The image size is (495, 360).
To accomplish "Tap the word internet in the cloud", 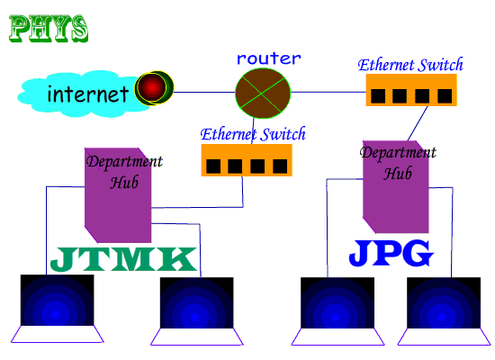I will tap(87, 93).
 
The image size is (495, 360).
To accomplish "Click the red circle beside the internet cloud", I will tap(152, 87).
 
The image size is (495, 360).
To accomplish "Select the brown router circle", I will tap(264, 91).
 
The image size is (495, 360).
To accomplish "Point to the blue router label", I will tap(269, 58).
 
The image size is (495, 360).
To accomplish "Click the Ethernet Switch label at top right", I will tap(410, 65).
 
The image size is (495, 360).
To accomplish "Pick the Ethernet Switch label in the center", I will tap(253, 134).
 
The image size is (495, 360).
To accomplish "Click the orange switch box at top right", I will tap(411, 90).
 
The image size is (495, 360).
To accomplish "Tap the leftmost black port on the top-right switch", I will tap(379, 95).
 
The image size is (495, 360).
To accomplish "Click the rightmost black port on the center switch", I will tap(281, 166).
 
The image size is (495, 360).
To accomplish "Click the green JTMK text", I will tap(122, 259).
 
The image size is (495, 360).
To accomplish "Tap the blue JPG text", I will tap(391, 254).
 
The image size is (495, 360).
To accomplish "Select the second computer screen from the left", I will tap(196, 303).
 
